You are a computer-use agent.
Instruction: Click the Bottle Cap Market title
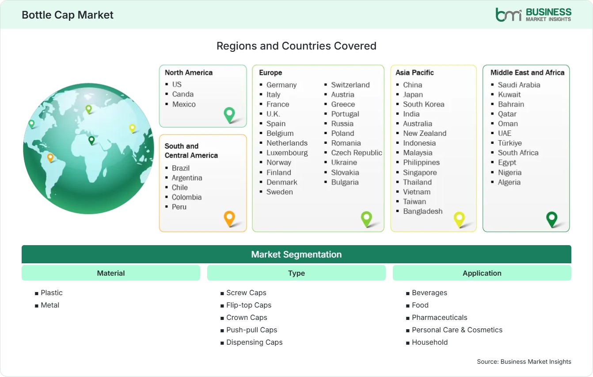point(68,15)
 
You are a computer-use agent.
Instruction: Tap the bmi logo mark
point(508,15)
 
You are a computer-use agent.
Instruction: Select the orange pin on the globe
point(50,158)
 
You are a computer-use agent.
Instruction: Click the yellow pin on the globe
point(132,129)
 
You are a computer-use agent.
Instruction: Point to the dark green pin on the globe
point(91,140)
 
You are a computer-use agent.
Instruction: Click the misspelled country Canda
point(182,94)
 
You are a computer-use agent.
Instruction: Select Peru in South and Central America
point(179,207)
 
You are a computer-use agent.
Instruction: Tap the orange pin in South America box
point(229,219)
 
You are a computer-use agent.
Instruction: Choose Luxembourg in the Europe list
point(287,153)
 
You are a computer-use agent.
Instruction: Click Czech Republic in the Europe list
point(356,153)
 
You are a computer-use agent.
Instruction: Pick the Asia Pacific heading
point(414,73)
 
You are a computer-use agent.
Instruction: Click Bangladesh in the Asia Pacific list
point(422,212)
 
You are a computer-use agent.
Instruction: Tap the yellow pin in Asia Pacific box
point(459,219)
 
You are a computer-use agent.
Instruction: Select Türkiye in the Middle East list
point(509,143)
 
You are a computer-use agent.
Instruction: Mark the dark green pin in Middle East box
point(552,219)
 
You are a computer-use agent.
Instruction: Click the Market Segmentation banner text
point(296,254)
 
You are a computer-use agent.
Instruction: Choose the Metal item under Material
point(50,305)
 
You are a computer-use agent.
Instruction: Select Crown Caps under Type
point(247,317)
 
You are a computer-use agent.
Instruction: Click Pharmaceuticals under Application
point(440,317)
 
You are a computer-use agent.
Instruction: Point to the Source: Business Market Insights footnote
point(524,362)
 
